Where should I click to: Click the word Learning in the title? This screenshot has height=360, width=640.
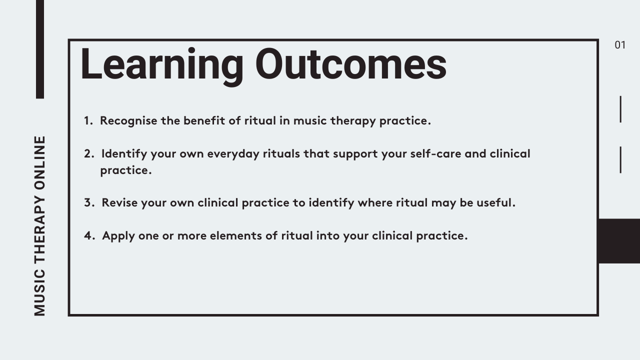click(162, 66)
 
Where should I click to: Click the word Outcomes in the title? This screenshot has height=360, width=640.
click(351, 64)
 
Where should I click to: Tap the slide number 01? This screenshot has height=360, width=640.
click(620, 45)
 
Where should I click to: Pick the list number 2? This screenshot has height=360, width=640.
click(89, 153)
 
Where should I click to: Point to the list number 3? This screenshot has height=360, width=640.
click(89, 202)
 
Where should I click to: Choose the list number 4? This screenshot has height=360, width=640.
click(89, 235)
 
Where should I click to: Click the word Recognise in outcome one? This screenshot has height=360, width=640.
click(128, 121)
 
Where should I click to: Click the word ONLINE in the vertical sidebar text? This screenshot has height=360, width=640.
click(39, 163)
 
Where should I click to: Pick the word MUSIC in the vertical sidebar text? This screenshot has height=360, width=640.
click(39, 292)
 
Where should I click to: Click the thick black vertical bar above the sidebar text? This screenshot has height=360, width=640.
click(40, 49)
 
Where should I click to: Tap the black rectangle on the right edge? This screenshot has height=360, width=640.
click(619, 241)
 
